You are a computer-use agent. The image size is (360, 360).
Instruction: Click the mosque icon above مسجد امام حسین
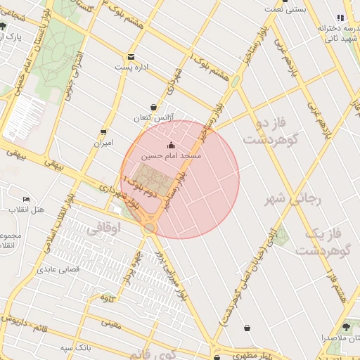[172, 146]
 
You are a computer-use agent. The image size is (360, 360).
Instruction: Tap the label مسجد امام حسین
[172, 155]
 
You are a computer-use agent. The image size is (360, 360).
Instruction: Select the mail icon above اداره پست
[131, 58]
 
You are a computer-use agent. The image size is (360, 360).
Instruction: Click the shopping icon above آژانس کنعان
[154, 107]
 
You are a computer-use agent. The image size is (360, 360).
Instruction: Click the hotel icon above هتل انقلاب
[27, 200]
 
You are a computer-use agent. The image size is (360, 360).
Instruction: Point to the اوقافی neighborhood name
[105, 229]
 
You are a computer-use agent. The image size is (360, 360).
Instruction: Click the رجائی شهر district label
[292, 200]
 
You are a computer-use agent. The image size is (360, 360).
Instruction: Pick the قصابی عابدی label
[58, 269]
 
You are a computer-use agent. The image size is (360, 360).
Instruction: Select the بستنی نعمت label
[285, 9]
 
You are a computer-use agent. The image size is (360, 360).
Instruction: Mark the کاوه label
[108, 298]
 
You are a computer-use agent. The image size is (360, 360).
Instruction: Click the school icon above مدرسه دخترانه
[341, 18]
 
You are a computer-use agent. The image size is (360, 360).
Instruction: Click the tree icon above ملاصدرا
[345, 327]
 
